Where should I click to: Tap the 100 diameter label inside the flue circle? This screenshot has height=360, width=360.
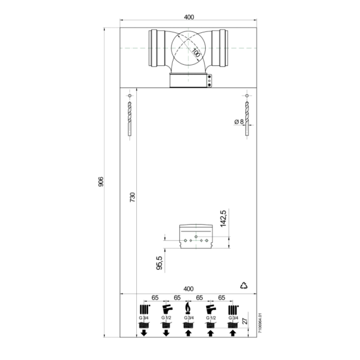tap(195, 52)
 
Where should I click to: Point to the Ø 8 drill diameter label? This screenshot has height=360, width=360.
tap(239, 122)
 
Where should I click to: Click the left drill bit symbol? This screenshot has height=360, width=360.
tap(129, 118)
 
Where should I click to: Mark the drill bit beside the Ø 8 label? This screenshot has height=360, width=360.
tap(247, 118)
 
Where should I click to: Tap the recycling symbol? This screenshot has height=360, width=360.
tap(244, 285)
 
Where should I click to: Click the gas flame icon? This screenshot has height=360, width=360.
tap(188, 309)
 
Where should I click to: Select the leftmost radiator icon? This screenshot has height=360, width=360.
tap(144, 309)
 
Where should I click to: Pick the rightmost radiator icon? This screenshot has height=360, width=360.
tap(232, 309)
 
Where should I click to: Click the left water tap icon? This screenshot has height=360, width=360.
tap(166, 309)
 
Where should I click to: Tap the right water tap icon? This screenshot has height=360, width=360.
tap(210, 309)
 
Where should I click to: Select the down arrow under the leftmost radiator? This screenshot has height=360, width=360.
tap(144, 333)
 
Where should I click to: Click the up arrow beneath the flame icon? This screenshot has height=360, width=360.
tap(188, 333)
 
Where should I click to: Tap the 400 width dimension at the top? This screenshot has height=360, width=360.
tap(189, 17)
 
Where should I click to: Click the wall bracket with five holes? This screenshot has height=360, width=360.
tap(196, 236)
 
